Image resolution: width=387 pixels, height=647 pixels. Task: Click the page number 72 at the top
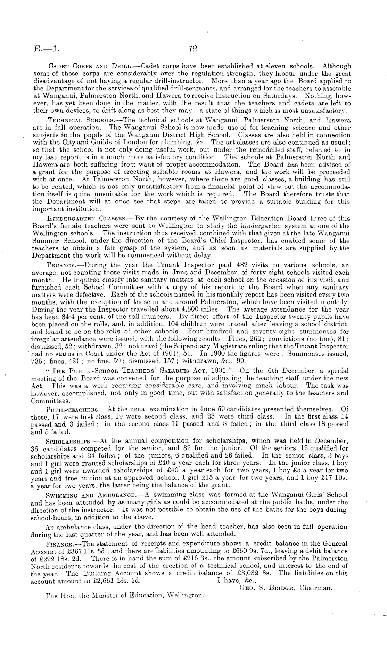pos(192,49)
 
